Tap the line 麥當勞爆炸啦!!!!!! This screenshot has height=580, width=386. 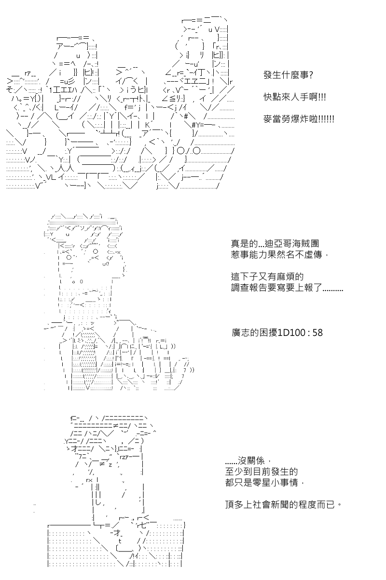pos(299,118)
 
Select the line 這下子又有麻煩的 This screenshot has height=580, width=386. pos(267,277)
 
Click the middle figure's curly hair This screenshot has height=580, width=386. pos(84,227)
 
